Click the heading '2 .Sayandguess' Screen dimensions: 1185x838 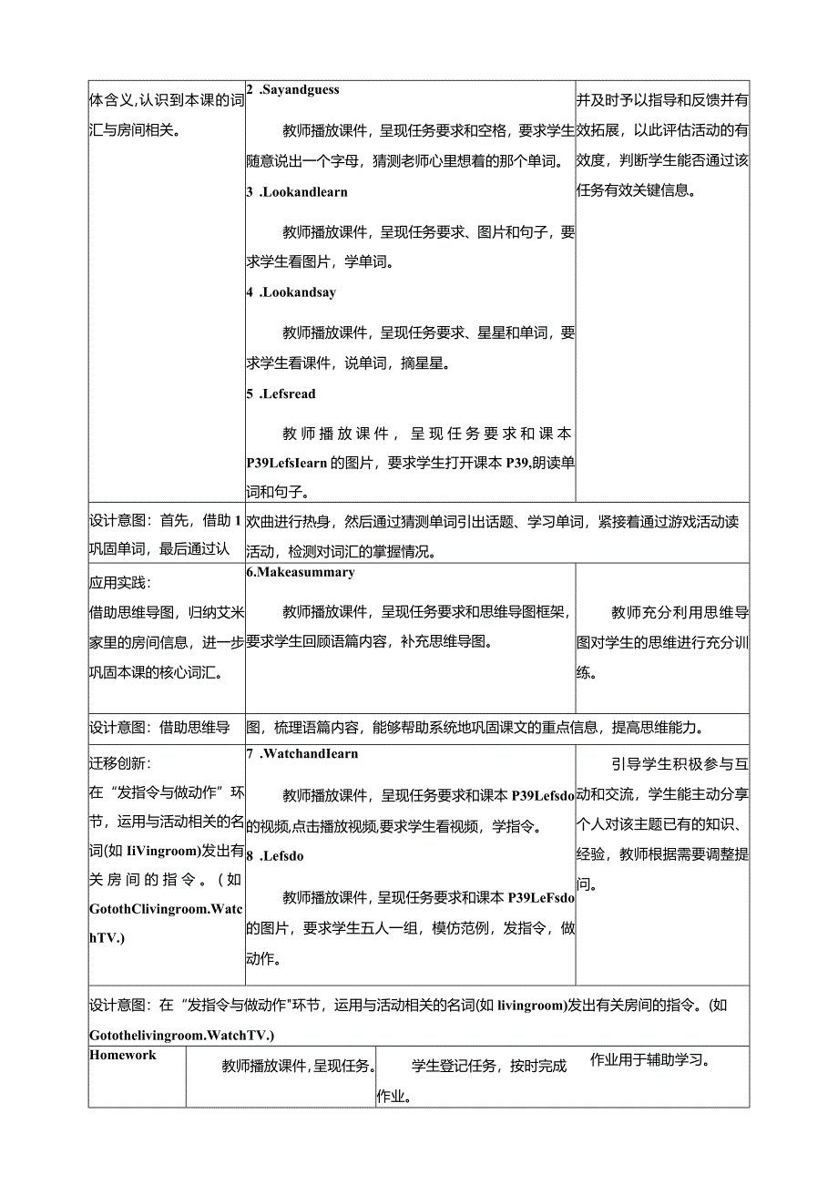pos(292,89)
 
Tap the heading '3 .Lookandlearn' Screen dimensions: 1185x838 pos(297,192)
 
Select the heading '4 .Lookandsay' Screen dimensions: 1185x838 pos(291,292)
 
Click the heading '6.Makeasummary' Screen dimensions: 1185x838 pos(300,572)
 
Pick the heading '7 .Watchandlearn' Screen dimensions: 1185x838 pos(301,753)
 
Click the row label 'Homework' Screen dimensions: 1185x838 pos(123,1055)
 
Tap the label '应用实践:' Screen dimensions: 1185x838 pos(121,583)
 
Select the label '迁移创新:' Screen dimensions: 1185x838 pos(121,763)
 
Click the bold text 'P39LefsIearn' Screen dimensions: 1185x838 pos(287,462)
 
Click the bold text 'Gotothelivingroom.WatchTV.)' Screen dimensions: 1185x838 pos(182,1035)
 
